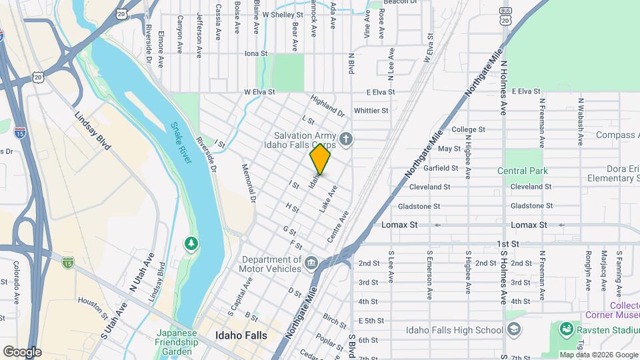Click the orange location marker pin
coord(320,159)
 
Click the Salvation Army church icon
coord(345,139)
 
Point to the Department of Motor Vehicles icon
coord(311,261)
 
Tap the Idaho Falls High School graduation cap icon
coord(514,329)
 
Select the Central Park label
coord(522,171)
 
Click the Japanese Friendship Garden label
coord(178,343)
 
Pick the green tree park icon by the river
coord(192,244)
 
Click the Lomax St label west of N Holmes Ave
coord(399,225)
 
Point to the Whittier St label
coord(372,111)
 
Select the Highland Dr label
coord(327,106)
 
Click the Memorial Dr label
coord(249,183)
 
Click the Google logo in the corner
coord(22,351)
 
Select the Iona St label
coord(255,53)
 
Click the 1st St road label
coord(507,244)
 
